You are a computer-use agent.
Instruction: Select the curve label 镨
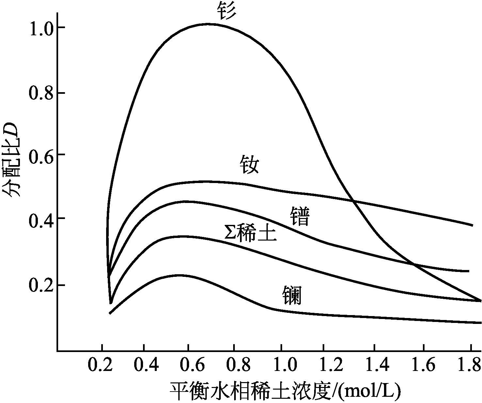299,216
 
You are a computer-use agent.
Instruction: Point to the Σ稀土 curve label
250,233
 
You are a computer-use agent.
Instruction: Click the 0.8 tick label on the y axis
40,93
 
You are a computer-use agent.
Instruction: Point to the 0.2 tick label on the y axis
40,285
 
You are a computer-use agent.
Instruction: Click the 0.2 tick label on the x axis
100,365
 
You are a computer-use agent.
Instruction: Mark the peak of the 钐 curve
211,24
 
